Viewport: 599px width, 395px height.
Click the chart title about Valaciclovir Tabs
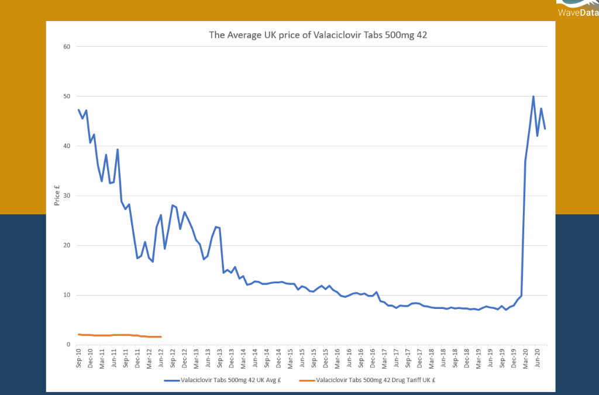point(318,35)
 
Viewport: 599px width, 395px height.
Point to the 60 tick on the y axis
point(67,47)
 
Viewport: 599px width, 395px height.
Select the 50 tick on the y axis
point(67,97)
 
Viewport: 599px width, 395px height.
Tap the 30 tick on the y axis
point(67,195)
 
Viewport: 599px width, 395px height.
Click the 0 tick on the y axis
point(68,345)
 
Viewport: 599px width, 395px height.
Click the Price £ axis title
point(57,195)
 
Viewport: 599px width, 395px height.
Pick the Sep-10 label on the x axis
point(78,358)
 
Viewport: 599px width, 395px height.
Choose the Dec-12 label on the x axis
point(185,358)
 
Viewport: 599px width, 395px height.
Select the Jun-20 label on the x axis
point(538,358)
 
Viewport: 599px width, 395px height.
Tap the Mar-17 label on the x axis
point(385,358)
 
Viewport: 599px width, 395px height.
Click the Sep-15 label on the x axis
point(314,358)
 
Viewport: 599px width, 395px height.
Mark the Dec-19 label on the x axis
point(515,358)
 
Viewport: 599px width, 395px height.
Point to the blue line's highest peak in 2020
point(533,97)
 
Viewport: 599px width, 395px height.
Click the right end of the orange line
point(161,336)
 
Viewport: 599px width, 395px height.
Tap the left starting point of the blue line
point(78,109)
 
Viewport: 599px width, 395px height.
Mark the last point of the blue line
point(545,129)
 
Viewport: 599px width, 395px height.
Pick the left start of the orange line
point(78,334)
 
